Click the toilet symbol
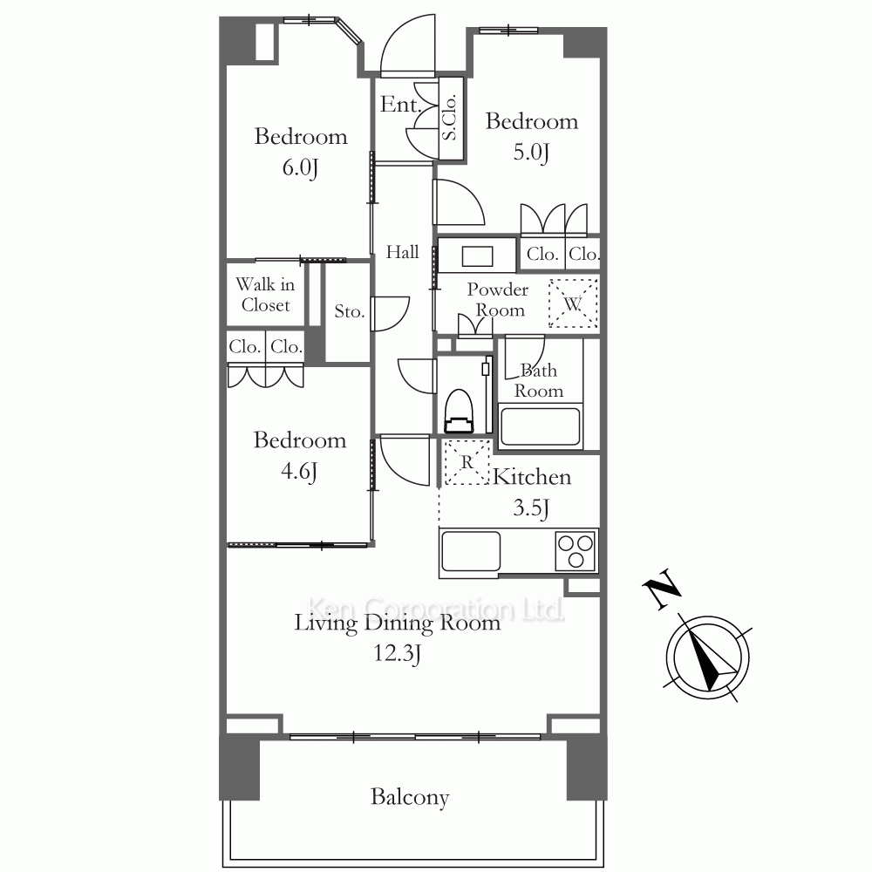[459, 411]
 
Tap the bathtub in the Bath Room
[540, 426]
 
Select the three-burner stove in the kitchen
[576, 550]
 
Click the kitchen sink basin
[471, 550]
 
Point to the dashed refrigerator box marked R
[467, 462]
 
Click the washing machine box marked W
[573, 303]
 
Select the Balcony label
[410, 797]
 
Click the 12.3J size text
[397, 653]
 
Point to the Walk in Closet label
[265, 295]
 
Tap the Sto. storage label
[350, 311]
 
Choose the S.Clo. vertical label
[450, 117]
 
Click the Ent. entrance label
[400, 104]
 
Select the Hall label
[403, 252]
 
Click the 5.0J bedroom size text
[531, 153]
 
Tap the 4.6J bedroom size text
[299, 472]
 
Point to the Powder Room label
[498, 299]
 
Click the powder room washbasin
[477, 255]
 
